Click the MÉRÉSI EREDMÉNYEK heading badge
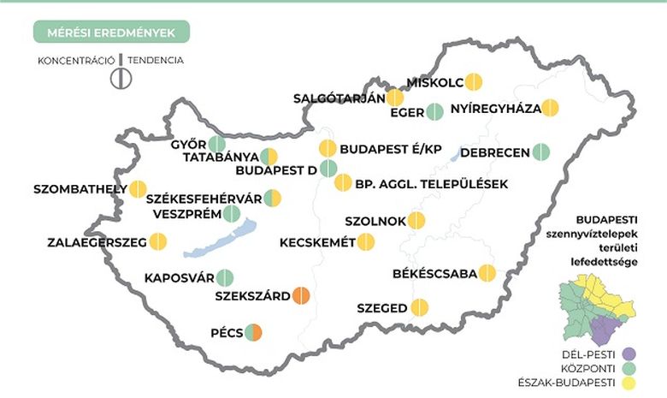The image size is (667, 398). pos(111,32)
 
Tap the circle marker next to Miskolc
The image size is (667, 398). pos(473,82)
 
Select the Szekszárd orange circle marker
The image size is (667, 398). pos(301,296)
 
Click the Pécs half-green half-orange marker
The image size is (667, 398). pos(252,332)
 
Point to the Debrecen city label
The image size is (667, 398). pos(495,152)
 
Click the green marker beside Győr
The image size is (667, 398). pos(217,144)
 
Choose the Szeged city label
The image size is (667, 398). pos(381,307)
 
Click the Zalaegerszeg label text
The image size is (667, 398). pos(96,242)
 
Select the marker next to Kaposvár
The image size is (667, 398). pos(226,277)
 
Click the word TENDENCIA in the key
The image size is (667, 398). pos(156,60)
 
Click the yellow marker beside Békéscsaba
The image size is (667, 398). pos(487,274)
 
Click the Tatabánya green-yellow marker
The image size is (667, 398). pos(269,157)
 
